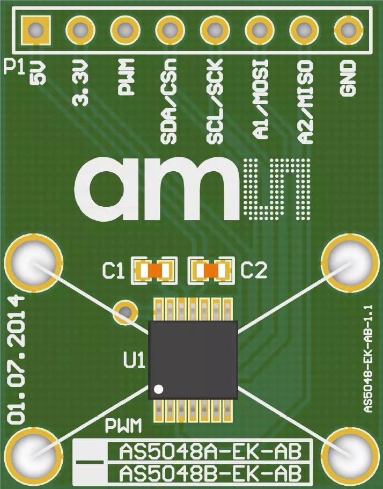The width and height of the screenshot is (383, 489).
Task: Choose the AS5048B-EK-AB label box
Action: (x=208, y=475)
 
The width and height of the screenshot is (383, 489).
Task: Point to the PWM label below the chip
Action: (x=123, y=426)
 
